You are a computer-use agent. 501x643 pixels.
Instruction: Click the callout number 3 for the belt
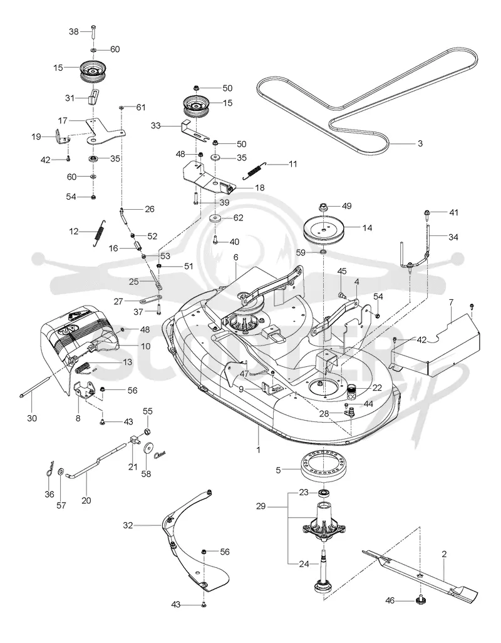click(420, 143)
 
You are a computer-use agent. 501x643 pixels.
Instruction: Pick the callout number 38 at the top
click(73, 31)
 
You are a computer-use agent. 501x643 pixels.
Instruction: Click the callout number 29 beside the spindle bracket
click(261, 507)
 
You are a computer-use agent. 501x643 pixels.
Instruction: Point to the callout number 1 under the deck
click(259, 450)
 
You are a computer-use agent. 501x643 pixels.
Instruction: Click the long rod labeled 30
click(37, 386)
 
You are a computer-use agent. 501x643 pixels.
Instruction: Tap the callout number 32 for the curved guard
click(128, 525)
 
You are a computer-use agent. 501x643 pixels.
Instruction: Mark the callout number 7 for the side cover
click(452, 302)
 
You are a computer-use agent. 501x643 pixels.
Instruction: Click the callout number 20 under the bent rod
click(86, 500)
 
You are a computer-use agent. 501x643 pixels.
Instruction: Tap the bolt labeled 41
click(426, 212)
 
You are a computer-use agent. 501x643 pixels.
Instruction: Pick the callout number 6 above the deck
click(236, 257)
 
